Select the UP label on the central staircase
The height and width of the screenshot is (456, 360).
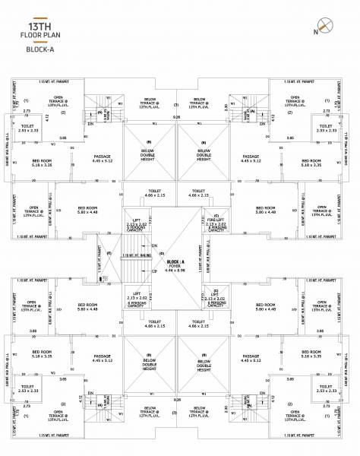click(x=155, y=271)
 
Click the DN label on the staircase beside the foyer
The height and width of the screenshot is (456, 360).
click(x=155, y=246)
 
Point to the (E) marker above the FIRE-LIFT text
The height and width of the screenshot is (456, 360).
click(x=216, y=215)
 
